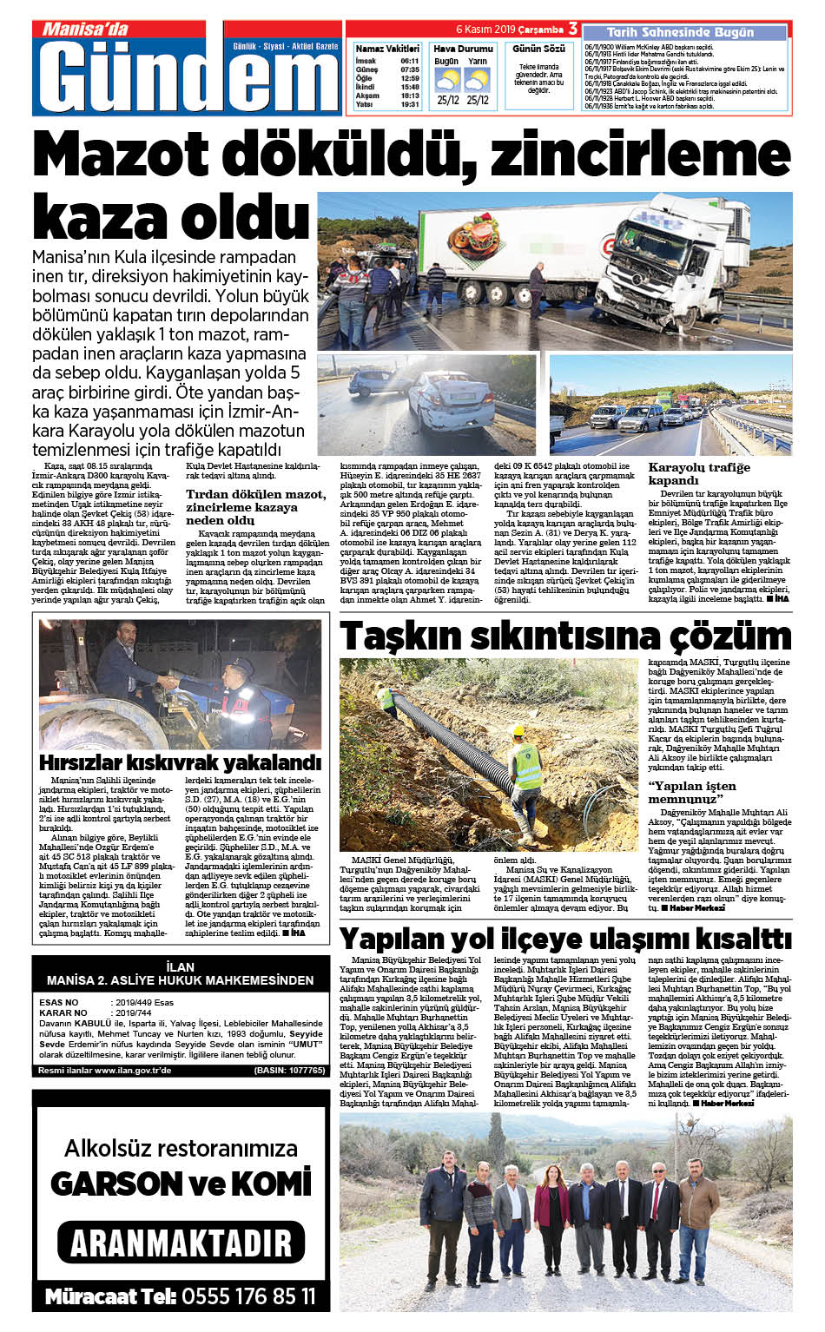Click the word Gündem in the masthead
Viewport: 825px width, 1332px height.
(187, 78)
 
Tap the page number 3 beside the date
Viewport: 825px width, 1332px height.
(573, 30)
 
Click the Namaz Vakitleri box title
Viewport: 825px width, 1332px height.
(386, 49)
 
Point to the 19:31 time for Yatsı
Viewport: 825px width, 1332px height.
(409, 104)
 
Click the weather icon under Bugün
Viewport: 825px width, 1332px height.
(447, 80)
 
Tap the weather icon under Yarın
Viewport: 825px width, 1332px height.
(477, 80)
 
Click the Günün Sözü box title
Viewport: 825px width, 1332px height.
(538, 49)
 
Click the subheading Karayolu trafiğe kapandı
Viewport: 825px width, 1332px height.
(698, 473)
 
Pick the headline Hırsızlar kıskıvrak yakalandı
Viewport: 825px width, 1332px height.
(180, 762)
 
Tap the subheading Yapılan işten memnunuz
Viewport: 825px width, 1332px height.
(691, 792)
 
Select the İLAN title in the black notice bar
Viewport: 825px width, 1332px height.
(180, 966)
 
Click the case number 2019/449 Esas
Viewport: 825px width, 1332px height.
(143, 1003)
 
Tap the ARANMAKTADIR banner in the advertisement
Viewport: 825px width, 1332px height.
(181, 1243)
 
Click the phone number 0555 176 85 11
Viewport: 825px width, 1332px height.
(247, 1297)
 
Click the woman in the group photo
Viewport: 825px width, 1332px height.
(550, 1210)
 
